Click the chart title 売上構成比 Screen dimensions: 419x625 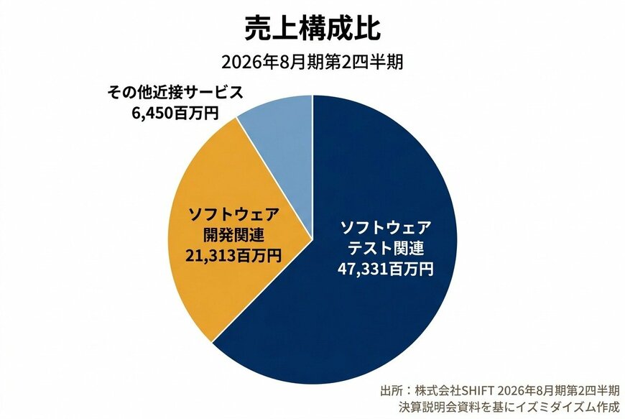312,28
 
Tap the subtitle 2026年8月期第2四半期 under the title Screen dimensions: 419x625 312,62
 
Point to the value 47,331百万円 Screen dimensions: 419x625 385,270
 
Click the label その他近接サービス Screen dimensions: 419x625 176,93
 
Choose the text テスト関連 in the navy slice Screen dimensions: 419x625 386,249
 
